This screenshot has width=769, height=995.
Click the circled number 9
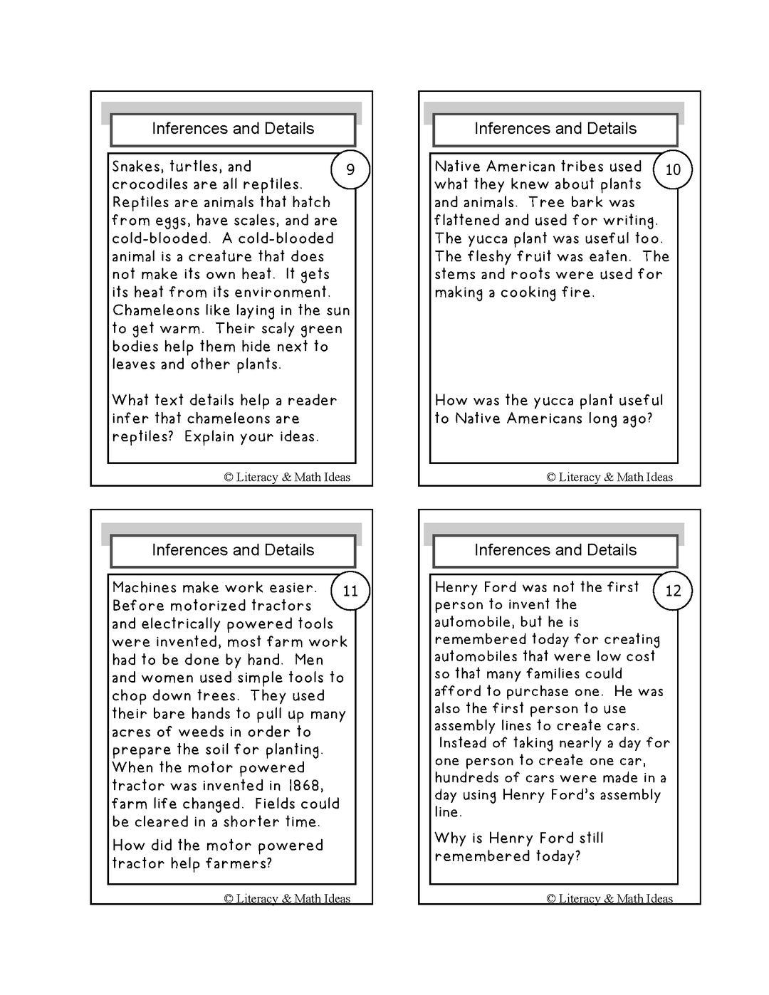click(350, 169)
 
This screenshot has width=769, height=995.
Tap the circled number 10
click(673, 169)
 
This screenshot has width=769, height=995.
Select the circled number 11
click(350, 591)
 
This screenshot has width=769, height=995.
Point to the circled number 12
click(673, 591)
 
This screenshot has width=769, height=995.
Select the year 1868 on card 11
click(305, 786)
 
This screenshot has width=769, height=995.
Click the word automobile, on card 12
click(470, 622)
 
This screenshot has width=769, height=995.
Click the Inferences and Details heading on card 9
click(233, 129)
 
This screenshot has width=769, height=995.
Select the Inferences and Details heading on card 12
click(555, 550)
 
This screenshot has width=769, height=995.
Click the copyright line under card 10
click(610, 478)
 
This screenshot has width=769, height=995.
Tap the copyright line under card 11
click(287, 898)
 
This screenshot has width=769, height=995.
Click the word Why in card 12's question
click(450, 838)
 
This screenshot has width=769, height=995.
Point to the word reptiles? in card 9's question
click(142, 437)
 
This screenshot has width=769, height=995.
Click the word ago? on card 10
click(637, 419)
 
